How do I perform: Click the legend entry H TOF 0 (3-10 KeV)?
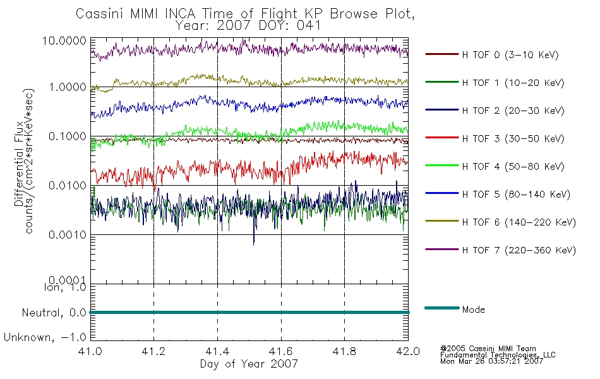[510, 55]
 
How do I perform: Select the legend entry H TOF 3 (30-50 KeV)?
[513, 138]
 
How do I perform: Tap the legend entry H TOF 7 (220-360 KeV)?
[519, 250]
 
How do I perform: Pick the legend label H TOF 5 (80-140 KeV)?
[516, 195]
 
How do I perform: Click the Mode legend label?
[473, 310]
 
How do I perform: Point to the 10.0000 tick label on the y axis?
[64, 40]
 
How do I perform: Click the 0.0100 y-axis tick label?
[68, 186]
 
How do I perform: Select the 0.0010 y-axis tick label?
[68, 235]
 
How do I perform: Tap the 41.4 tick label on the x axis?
[217, 351]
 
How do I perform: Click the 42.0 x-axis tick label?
[408, 351]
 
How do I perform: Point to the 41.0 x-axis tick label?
[90, 351]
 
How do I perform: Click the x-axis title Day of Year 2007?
[249, 364]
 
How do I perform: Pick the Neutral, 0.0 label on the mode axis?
[54, 313]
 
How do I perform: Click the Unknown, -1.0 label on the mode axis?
[45, 338]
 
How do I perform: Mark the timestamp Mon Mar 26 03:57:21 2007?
[491, 361]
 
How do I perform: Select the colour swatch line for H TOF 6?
[441, 221]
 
